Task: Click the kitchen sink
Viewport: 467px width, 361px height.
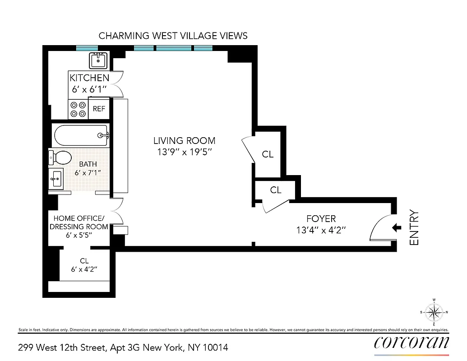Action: click(98, 60)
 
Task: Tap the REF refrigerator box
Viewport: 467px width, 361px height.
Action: click(99, 109)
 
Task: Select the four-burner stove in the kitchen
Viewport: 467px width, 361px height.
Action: click(77, 109)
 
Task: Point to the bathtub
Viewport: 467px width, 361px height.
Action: click(81, 135)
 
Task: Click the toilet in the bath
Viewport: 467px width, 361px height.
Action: click(60, 158)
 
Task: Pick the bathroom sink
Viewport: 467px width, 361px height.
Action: click(57, 179)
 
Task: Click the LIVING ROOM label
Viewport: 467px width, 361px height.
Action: click(184, 141)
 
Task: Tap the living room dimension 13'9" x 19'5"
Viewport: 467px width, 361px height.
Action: click(184, 152)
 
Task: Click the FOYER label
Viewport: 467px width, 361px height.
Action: click(321, 219)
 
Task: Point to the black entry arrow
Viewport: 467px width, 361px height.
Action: click(397, 228)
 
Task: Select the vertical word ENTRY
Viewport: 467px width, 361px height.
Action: click(415, 228)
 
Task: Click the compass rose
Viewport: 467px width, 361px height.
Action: click(434, 312)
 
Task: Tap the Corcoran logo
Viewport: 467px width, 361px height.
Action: click(412, 342)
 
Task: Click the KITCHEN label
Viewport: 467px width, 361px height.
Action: click(89, 78)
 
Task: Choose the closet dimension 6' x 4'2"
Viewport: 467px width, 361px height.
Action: click(84, 269)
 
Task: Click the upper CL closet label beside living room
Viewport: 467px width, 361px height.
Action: click(268, 154)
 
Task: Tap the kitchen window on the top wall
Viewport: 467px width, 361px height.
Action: click(87, 48)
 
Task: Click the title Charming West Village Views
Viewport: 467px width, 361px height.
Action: click(173, 36)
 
